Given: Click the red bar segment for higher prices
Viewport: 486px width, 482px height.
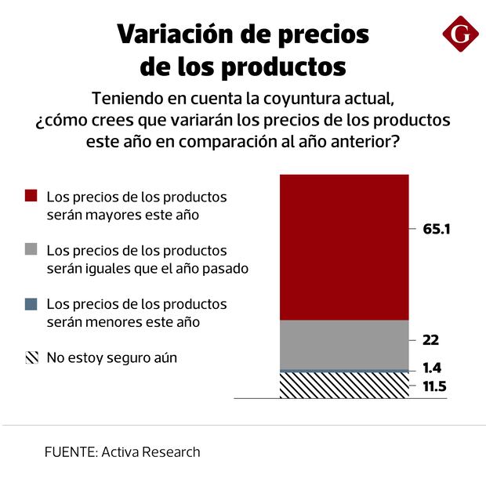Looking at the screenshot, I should tap(344, 247).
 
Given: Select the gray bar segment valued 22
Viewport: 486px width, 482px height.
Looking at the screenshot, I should tap(344, 344).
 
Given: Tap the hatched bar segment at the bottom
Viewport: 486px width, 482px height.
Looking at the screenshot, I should tap(344, 385).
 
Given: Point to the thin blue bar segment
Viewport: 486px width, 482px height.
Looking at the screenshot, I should tap(344, 370).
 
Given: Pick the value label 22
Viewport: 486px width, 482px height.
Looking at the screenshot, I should tap(430, 341).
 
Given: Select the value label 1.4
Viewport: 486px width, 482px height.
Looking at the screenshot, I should tap(431, 368).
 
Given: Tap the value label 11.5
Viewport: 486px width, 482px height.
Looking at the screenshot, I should tap(433, 386).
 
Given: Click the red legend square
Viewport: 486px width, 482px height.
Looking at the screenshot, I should tap(31, 196).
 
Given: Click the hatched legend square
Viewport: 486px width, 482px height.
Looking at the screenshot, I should tap(31, 358).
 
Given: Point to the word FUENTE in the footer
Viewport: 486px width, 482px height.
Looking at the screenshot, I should tap(69, 452).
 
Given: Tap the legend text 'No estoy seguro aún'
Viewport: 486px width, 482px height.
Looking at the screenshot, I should tap(112, 358).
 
